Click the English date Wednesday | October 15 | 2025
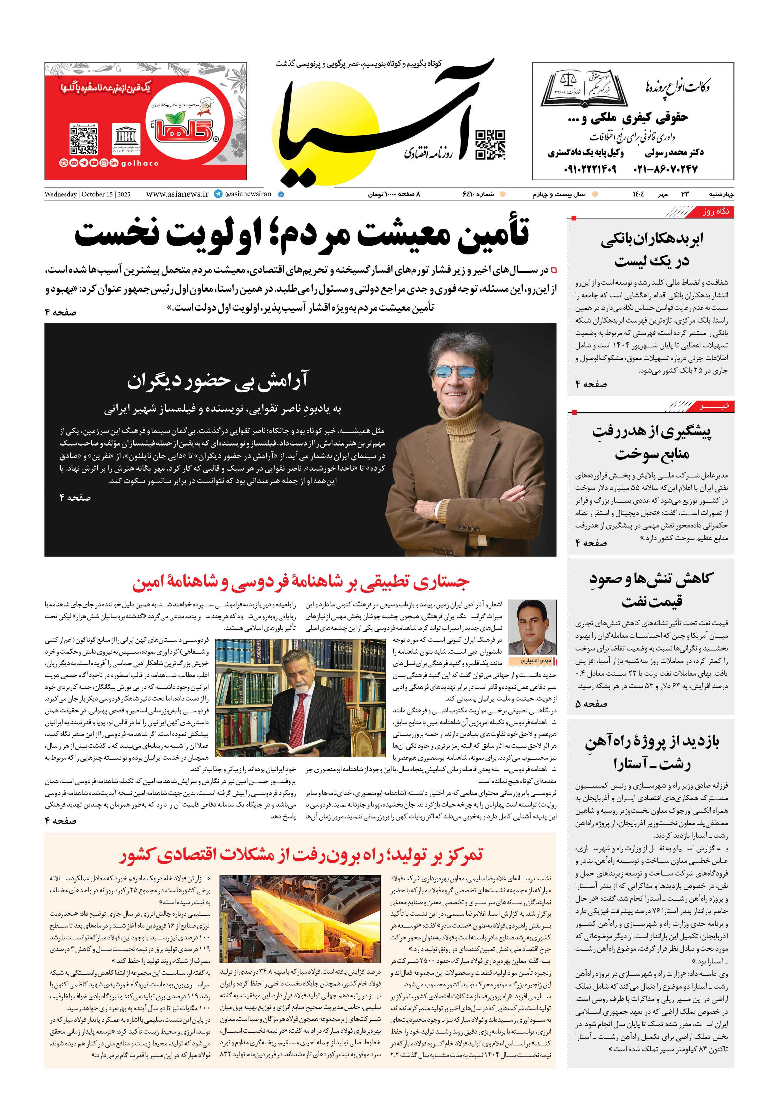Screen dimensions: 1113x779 87,194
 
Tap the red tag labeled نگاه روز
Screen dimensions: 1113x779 717,212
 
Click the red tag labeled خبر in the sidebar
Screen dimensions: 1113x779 717,406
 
